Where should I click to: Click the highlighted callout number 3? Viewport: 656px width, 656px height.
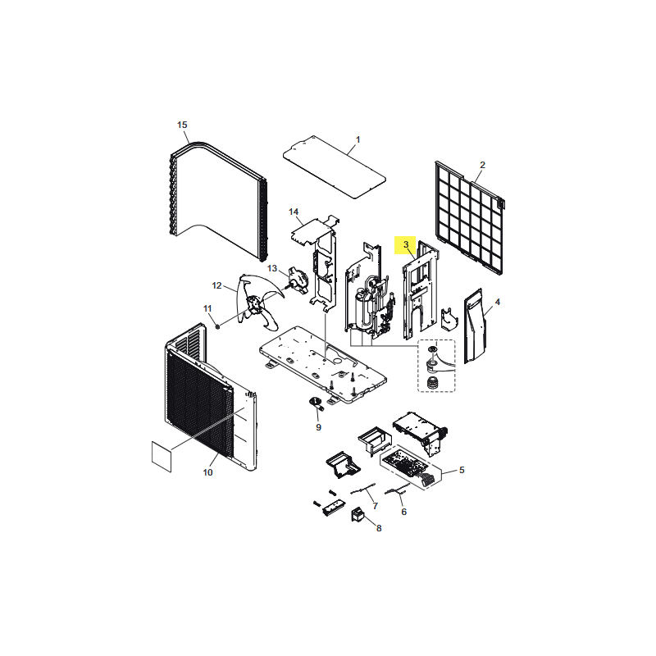pos(405,244)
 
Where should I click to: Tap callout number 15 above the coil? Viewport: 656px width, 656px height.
pos(182,125)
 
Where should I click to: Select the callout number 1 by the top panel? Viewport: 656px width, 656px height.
pos(358,139)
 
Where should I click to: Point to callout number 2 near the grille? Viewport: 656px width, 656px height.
pos(482,165)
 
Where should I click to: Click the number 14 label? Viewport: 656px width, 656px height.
pos(294,212)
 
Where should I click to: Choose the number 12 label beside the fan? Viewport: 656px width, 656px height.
pos(216,285)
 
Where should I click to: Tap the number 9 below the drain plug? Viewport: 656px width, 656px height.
pos(318,427)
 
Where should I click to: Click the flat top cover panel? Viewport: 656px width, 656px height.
pos(335,167)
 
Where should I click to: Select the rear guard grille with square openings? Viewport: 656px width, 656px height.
pos(469,217)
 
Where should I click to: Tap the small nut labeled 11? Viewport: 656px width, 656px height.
pos(217,326)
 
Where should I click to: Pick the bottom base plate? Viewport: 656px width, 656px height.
pos(323,365)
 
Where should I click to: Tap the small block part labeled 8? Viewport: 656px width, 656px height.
pos(357,514)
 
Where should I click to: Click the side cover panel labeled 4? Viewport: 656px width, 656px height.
pos(476,326)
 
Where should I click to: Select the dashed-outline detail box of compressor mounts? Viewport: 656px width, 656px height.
pos(436,366)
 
